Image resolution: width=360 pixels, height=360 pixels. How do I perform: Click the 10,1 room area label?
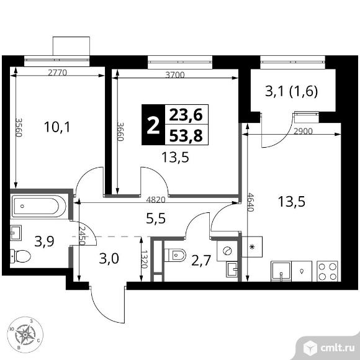(x=57, y=127)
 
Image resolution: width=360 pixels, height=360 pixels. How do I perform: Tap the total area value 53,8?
(x=186, y=136)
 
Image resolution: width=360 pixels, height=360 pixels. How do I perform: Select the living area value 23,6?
(x=186, y=115)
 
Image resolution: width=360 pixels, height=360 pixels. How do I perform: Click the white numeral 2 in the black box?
(x=153, y=125)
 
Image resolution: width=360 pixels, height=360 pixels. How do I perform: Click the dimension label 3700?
(x=175, y=75)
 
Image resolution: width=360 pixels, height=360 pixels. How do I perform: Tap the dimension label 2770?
(x=57, y=73)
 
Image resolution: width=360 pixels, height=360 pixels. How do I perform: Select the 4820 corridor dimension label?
(x=156, y=200)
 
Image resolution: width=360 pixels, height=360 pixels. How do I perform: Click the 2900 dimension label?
(x=304, y=131)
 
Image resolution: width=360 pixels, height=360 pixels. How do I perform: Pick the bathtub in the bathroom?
(x=39, y=206)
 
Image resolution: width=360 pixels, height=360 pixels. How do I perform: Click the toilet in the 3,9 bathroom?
(x=20, y=256)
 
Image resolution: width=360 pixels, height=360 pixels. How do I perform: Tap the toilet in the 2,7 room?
(x=175, y=255)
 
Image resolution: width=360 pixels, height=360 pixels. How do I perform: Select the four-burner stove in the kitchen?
(x=327, y=271)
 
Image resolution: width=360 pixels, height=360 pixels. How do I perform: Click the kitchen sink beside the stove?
(x=281, y=271)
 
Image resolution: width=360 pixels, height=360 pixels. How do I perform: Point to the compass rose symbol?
(x=25, y=335)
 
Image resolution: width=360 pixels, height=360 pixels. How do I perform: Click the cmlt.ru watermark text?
(x=337, y=348)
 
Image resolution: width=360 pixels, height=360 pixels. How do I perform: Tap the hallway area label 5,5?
(x=156, y=218)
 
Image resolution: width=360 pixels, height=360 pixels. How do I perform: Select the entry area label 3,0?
(x=109, y=259)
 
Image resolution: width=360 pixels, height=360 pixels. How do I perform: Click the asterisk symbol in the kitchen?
(x=252, y=247)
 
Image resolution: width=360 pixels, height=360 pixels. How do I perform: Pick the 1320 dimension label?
(x=144, y=259)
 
